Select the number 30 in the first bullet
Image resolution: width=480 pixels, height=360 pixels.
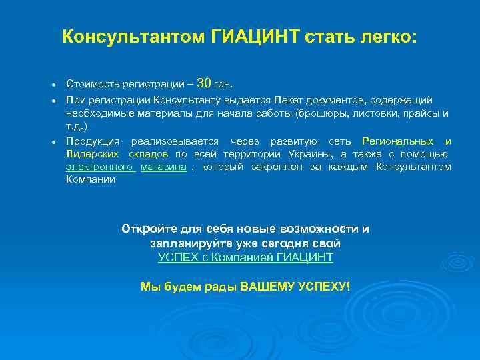[x=205, y=83]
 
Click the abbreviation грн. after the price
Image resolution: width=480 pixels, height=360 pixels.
[x=223, y=85]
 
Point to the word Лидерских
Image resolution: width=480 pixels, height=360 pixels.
[x=93, y=154]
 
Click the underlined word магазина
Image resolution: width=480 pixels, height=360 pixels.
[x=163, y=167]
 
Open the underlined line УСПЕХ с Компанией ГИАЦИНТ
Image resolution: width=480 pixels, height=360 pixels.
[x=245, y=257]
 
